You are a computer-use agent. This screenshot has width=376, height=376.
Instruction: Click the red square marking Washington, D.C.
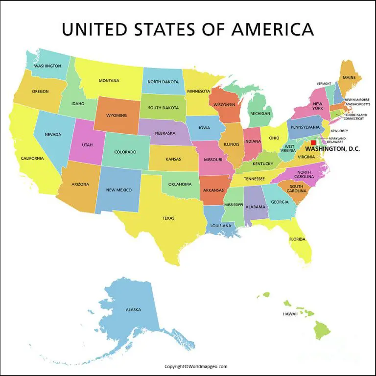point(313,143)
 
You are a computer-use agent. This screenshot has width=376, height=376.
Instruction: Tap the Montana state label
point(109,81)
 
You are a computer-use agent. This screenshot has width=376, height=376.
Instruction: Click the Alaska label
point(133,309)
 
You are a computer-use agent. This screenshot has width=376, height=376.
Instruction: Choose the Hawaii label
point(290,313)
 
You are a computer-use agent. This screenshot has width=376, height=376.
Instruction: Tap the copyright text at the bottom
point(196,366)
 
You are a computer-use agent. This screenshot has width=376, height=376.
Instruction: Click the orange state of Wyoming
point(117,116)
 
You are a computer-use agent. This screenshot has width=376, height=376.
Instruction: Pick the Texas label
point(168,218)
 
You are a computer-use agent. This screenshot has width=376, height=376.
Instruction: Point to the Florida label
point(297,239)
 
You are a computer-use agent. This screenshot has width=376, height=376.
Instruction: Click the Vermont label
point(324,84)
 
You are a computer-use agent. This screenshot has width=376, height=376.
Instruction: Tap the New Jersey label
point(339,131)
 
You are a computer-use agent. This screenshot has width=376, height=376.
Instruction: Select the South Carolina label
point(296,189)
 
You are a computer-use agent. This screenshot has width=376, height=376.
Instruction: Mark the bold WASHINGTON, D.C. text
point(332,148)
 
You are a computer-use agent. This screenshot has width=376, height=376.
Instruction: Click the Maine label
point(349,77)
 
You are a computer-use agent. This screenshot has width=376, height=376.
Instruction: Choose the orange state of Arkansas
point(213,190)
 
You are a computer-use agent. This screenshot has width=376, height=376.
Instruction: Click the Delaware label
point(335,142)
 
